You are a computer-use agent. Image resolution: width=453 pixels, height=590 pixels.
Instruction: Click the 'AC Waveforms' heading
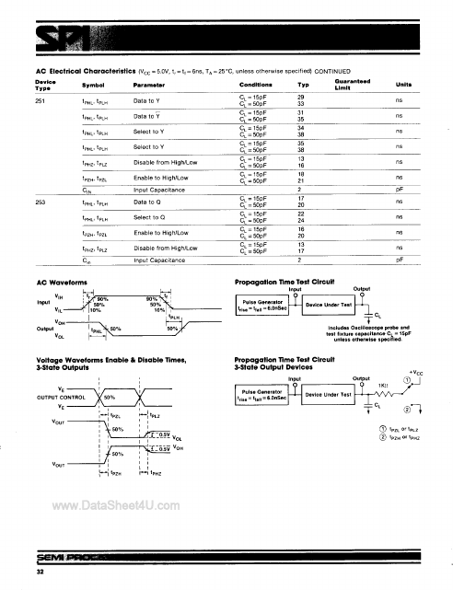(60, 283)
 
